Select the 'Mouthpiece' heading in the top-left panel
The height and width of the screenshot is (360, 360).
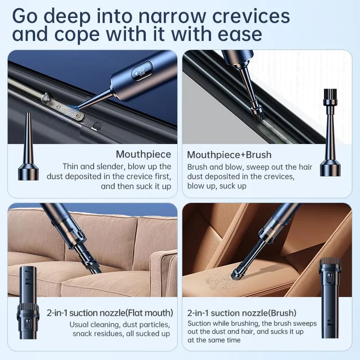143,154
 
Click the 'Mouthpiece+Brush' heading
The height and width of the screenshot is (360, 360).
229,155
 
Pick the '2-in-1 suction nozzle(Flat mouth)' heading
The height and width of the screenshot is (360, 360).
110,313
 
